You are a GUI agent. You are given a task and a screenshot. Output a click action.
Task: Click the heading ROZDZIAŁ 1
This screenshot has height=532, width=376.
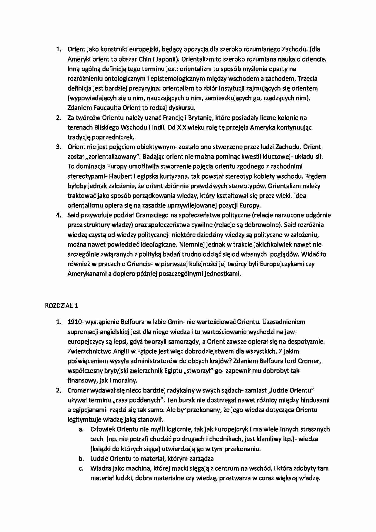coord(61,305)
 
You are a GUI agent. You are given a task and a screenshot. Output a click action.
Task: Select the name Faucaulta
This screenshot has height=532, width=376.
coord(106,108)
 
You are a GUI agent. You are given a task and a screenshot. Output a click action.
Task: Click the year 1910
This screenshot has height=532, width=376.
coord(74,322)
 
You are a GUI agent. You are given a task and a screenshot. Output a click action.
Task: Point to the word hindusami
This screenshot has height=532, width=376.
coord(315,400)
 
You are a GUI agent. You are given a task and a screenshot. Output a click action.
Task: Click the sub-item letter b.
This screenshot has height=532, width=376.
coord(81,459)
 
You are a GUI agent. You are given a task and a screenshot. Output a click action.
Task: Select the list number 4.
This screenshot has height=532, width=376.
coord(59,215)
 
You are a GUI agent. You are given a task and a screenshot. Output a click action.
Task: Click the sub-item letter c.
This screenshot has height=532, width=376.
coord(81,468)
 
